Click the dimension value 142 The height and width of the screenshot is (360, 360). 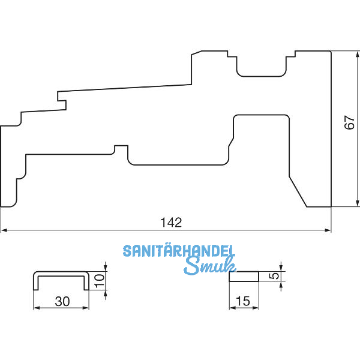(x=171, y=222)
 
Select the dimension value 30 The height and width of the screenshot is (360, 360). (x=62, y=301)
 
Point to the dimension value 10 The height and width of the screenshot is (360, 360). (x=101, y=277)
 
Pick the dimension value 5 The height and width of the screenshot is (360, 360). (x=274, y=276)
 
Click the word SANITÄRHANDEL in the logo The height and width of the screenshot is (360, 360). (x=179, y=251)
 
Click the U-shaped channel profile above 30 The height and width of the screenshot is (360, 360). (x=62, y=275)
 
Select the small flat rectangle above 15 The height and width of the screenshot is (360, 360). (x=244, y=277)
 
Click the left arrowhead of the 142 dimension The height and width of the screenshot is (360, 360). (x=4, y=230)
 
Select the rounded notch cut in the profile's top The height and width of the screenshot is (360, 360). (x=260, y=68)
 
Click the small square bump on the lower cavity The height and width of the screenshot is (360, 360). (x=121, y=148)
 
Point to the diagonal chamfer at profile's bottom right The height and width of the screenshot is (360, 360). (x=298, y=191)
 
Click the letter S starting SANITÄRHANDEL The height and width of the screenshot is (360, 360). (x=127, y=251)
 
